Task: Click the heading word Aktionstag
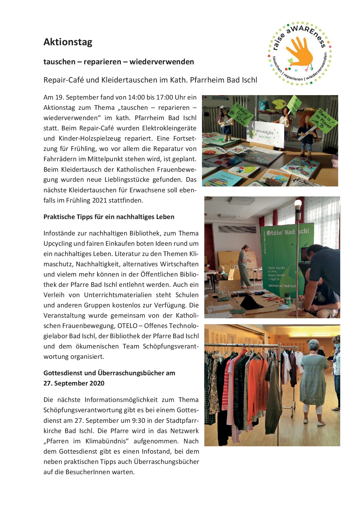[68, 42]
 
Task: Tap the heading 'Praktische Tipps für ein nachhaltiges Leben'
[109, 217]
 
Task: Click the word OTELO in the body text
[127, 326]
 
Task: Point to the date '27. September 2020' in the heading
[74, 383]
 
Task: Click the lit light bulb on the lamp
[298, 203]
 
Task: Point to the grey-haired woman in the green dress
[314, 379]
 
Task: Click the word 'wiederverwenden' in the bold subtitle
[162, 62]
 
